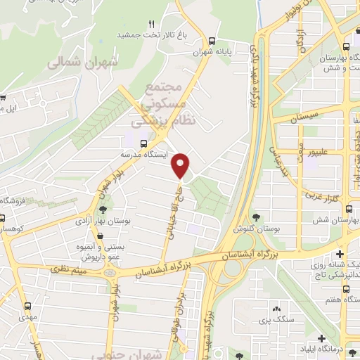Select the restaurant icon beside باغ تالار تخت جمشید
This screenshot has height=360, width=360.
151,25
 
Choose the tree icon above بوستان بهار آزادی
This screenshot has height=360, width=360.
104,209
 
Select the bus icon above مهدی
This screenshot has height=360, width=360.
28,306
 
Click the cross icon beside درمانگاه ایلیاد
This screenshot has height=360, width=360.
321,338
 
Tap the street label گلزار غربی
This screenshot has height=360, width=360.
340,194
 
